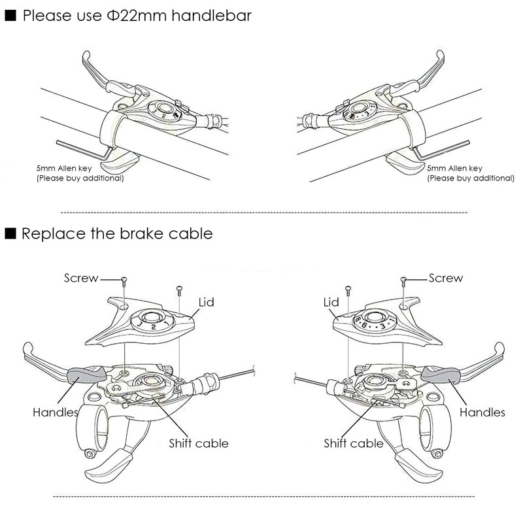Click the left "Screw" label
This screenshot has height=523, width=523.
coord(80,278)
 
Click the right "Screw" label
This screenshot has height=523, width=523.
coord(445,278)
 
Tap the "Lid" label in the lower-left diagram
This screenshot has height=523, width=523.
coord(207,302)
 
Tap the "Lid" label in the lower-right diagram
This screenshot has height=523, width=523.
coord(331,302)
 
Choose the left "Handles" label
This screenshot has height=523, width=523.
coord(55,413)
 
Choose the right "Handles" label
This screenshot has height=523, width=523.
coord(482,413)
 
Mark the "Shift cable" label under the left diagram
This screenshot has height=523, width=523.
coord(199,443)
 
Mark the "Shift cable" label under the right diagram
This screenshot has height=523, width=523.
coord(354,443)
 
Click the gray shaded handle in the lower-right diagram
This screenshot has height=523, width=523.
coord(441,374)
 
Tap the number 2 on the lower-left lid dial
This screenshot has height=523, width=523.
coord(152,325)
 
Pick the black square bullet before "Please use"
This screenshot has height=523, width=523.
coord(10,16)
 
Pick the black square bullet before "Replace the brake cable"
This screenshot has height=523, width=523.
coord(10,233)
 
